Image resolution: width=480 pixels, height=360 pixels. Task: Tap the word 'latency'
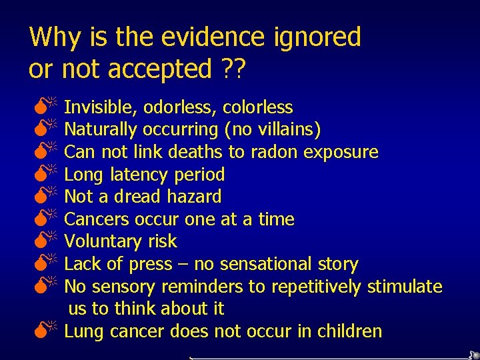click(136, 175)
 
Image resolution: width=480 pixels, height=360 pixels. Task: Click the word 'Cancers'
click(97, 219)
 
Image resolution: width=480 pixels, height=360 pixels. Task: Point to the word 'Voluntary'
click(102, 242)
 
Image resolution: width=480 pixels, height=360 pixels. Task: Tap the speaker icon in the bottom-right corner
click(473, 355)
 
